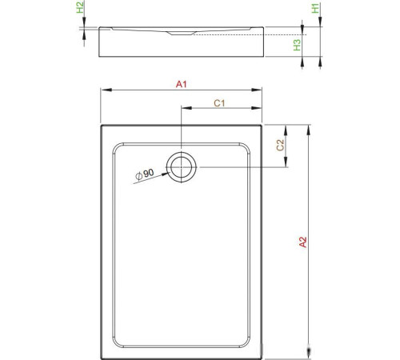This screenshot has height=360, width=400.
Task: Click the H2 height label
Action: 79,9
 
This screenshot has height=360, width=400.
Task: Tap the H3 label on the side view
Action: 297,46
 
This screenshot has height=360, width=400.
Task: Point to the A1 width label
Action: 182,83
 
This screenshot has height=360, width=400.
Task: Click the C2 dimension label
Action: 279,146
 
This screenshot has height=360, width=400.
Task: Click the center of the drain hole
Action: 181,166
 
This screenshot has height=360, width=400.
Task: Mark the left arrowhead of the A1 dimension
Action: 102,90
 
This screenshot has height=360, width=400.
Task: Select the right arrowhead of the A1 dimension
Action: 260,90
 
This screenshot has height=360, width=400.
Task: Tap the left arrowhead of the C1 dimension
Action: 184,110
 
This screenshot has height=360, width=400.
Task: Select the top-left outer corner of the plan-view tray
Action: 101,124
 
